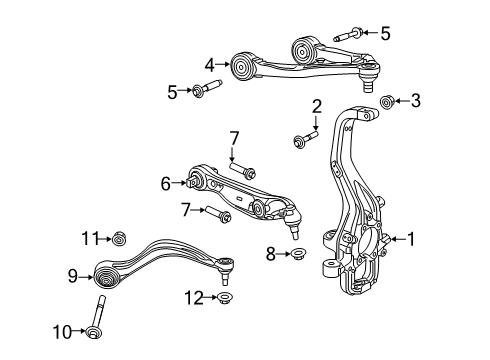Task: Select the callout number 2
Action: pos(316,106)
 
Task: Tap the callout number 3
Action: pos(416,99)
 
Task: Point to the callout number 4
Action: pos(210,65)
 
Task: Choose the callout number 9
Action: pos(72,275)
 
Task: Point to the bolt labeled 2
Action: pos(300,137)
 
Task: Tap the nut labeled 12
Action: pos(224,297)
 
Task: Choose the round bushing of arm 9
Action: pos(106,274)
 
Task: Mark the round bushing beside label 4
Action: pos(241,68)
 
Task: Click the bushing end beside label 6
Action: pos(197,181)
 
